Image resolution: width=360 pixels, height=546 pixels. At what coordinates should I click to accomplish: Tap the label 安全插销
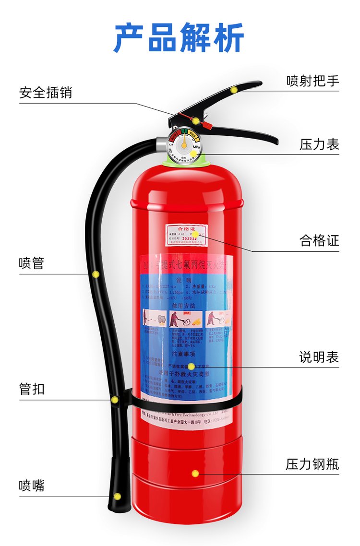[x=46, y=92]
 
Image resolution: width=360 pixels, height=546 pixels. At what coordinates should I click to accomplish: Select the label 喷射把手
[x=312, y=80]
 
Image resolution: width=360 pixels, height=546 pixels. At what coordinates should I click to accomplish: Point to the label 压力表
[x=319, y=144]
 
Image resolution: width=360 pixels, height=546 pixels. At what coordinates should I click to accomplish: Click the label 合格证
[x=319, y=240]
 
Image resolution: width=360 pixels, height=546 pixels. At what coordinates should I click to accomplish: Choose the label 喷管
[x=32, y=263]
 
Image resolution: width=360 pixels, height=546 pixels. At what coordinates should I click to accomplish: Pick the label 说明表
[x=319, y=357]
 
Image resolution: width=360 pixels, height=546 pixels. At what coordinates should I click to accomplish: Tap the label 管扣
[x=32, y=389]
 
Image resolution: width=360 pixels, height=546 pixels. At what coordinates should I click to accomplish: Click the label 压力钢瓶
[x=312, y=464]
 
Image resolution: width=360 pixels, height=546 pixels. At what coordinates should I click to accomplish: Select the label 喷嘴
[x=32, y=486]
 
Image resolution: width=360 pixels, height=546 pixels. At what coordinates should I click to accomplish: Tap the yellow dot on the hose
[x=96, y=274]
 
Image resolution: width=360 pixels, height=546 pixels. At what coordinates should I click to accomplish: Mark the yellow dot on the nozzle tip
[x=117, y=497]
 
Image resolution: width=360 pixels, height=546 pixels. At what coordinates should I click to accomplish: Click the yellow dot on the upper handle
[x=234, y=89]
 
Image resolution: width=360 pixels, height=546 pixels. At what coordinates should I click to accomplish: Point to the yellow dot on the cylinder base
[x=195, y=474]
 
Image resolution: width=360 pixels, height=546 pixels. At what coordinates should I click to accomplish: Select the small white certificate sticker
[x=186, y=235]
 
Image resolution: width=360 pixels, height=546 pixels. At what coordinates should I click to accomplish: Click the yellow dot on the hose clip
[x=114, y=399]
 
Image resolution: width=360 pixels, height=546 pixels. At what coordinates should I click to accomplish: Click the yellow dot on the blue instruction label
[x=191, y=367]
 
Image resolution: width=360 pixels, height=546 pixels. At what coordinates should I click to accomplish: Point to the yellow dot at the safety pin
[x=196, y=120]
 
